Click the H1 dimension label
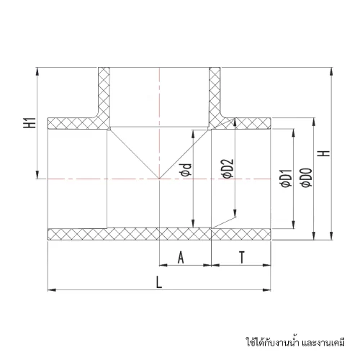click(x=30, y=122)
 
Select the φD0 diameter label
click(x=307, y=177)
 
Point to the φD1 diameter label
click(x=287, y=178)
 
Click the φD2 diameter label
click(x=228, y=168)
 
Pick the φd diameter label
click(x=186, y=170)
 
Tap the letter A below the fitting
click(x=181, y=257)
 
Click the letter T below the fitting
click(x=242, y=257)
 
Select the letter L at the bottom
click(x=159, y=282)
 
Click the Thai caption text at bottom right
click(x=295, y=341)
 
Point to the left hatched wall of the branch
click(x=104, y=96)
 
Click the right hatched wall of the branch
click(x=215, y=96)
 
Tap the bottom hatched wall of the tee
click(x=159, y=234)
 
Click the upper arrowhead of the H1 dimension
click(x=37, y=71)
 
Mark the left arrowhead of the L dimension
click(x=52, y=290)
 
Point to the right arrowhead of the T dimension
click(x=267, y=265)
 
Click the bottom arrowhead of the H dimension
click(x=331, y=236)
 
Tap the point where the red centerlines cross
click(x=159, y=179)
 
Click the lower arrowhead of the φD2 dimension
click(x=235, y=213)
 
